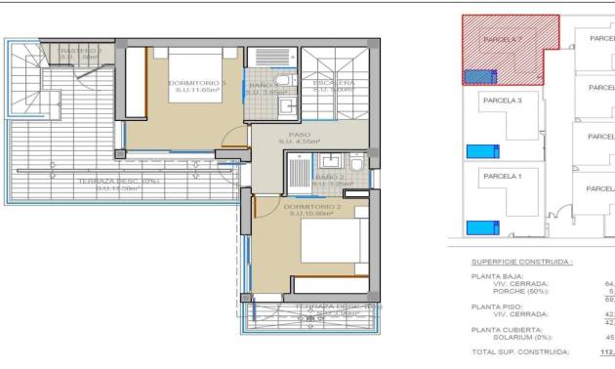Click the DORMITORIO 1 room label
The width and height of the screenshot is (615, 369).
point(197,83)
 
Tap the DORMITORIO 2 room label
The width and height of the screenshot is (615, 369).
point(312,207)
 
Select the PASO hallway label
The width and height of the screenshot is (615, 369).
point(299,135)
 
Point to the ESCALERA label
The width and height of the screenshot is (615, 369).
point(333,84)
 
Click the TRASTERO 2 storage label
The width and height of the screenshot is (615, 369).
point(79,50)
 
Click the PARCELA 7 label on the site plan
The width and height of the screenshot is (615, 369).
point(503,39)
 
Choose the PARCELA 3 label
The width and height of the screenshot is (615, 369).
point(503,100)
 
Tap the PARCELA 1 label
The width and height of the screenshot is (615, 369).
point(503,176)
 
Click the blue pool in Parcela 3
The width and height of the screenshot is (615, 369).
point(479,150)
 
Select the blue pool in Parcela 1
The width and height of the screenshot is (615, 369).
point(479,227)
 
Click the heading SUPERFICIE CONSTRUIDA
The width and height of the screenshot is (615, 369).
point(522,262)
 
